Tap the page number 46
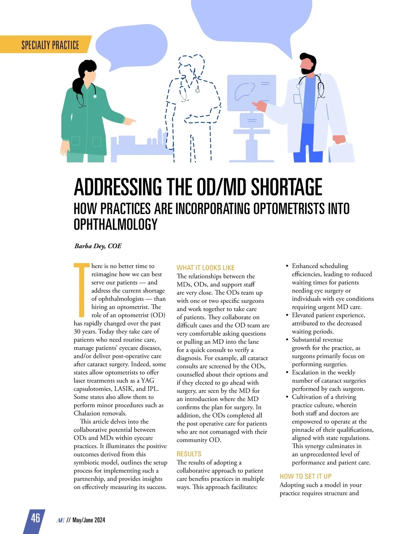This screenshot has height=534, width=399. pyautogui.click(x=35, y=518)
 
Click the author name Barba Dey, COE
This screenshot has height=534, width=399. pyautogui.click(x=98, y=246)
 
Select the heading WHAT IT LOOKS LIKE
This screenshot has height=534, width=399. pyautogui.click(x=205, y=268)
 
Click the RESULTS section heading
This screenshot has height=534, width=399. pyautogui.click(x=189, y=454)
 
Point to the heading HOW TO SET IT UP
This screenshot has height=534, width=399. pyautogui.click(x=305, y=476)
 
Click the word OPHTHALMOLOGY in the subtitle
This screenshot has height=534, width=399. pyautogui.click(x=115, y=224)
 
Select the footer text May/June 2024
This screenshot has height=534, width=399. pyautogui.click(x=89, y=520)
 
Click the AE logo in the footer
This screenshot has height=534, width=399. pyautogui.click(x=60, y=520)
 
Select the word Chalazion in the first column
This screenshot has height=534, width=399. pyautogui.click(x=87, y=413)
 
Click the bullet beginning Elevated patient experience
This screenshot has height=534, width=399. pyautogui.click(x=328, y=315)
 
